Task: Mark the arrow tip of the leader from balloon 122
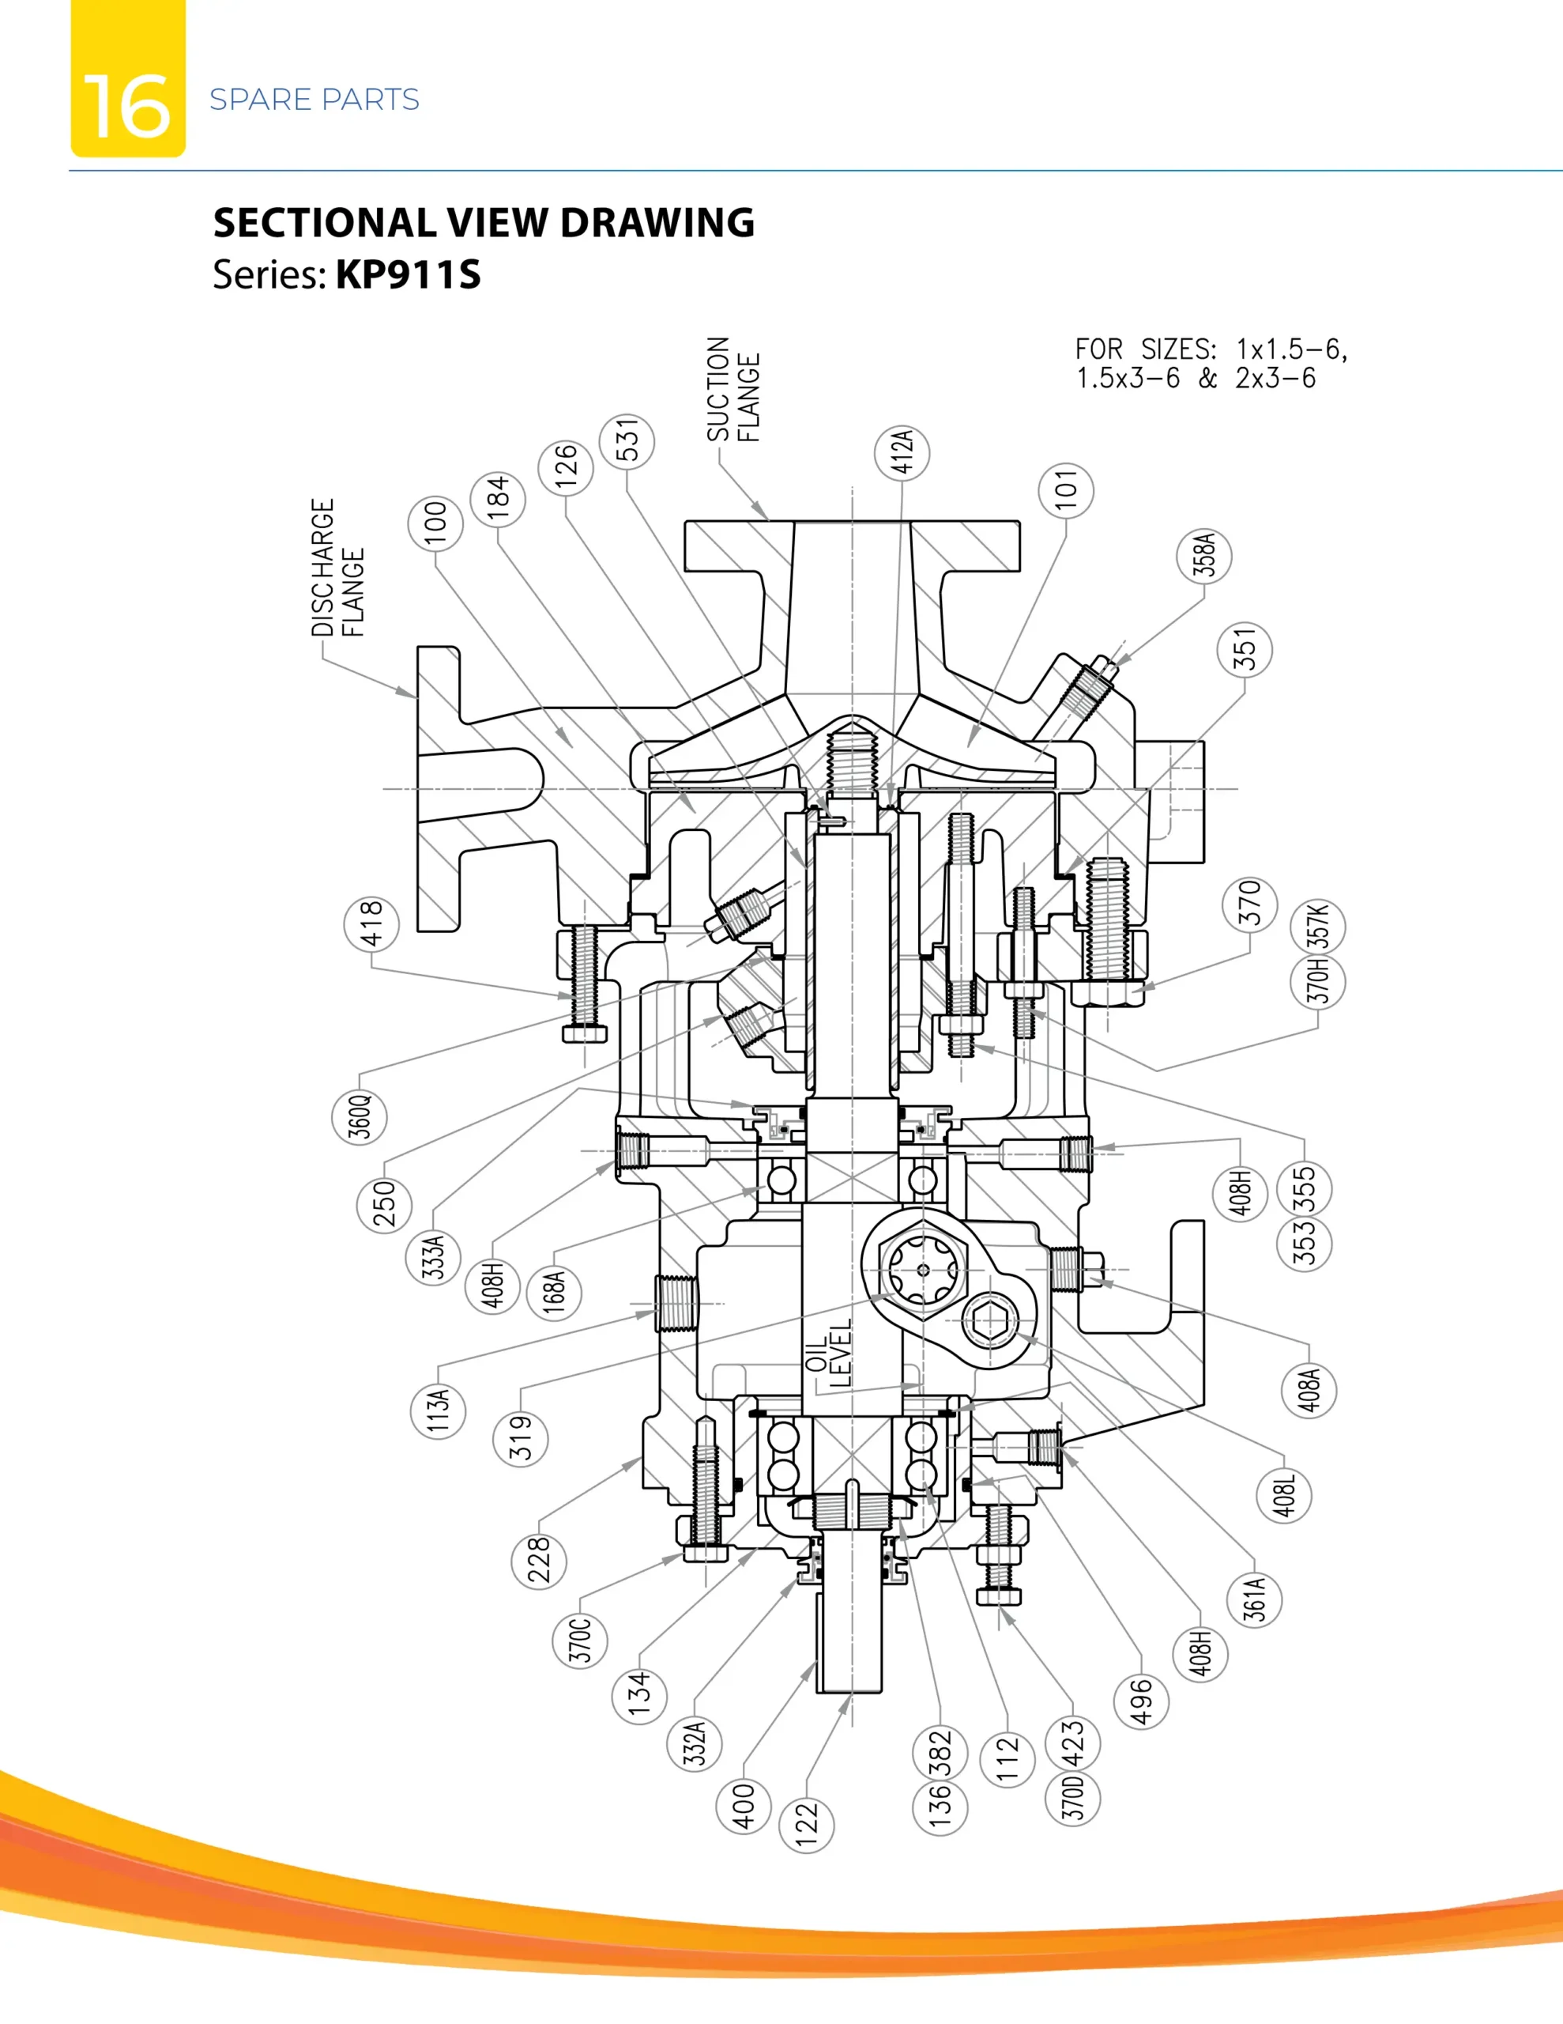coord(850,1695)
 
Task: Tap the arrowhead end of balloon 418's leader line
coord(575,997)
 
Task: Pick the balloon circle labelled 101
coord(1065,489)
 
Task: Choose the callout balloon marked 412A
coord(902,452)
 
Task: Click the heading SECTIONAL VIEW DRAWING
coord(484,222)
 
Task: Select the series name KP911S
coord(409,274)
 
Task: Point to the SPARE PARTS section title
coord(314,99)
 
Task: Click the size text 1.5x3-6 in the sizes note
coord(1128,378)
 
